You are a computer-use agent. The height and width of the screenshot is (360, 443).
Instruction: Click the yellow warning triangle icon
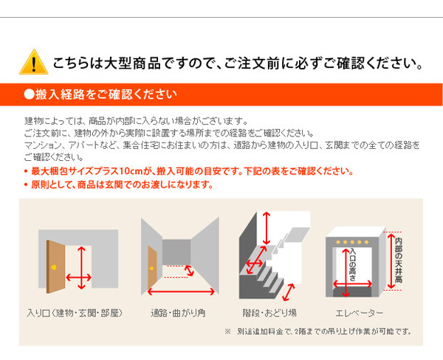coord(34,62)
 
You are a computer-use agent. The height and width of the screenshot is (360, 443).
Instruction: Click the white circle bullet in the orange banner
coord(29,94)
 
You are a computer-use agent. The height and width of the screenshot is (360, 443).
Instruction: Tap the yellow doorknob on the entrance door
coord(54,267)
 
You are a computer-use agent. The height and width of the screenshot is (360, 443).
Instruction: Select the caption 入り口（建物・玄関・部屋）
coord(75,313)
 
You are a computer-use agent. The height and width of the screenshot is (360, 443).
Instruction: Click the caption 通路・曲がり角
coord(178,313)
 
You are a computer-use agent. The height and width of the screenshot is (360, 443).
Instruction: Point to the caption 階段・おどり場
coord(269,313)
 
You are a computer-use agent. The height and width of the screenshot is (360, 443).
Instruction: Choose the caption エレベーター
coord(360,313)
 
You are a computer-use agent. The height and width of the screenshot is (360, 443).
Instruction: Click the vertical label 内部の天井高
coord(399,260)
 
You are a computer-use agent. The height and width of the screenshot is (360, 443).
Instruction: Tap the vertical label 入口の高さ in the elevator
coord(353,264)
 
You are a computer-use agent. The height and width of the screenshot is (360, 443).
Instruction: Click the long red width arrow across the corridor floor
coord(181,291)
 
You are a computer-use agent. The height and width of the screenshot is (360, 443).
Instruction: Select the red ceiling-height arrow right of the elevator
coord(391,260)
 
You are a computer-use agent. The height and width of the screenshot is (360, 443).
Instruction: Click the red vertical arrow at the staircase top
coord(266,229)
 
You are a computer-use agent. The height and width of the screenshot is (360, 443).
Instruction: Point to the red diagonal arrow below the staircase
coord(289,292)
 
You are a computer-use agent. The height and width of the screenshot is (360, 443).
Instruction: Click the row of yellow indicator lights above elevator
coord(352,242)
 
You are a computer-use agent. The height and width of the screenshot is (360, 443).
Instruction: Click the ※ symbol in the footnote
coord(227,331)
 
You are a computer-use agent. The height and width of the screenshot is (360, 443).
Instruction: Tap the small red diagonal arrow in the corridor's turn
coord(189,271)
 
